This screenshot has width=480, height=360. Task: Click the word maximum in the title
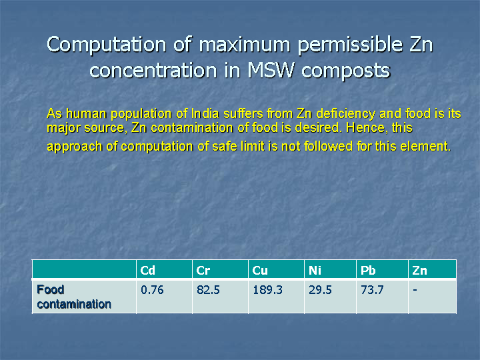244,45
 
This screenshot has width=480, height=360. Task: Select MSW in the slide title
270,70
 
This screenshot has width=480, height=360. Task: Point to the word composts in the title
345,72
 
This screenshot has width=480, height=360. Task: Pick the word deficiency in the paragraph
345,114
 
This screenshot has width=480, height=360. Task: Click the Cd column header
147,271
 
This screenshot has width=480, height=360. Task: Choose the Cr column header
203,271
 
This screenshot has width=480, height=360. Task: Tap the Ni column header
315,271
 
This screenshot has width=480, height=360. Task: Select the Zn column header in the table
419,271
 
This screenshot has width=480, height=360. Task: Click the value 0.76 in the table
152,290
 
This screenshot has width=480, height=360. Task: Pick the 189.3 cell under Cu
267,290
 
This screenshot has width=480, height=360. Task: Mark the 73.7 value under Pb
372,290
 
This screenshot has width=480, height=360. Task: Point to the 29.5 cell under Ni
320,290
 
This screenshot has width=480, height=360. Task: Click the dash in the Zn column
415,289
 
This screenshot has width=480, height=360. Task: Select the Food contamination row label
74,297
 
